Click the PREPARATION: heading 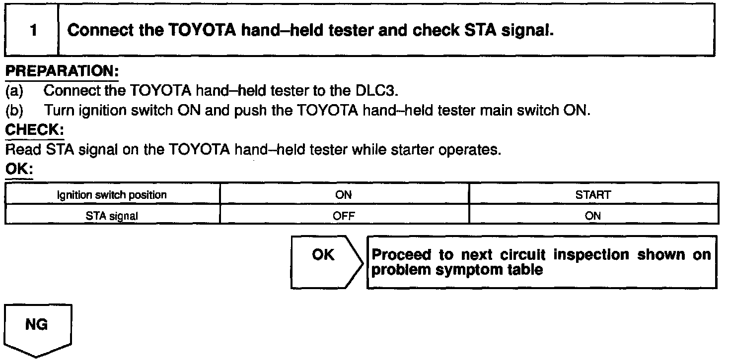[x=62, y=71]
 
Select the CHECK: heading [x=35, y=130]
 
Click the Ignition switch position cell [x=112, y=194]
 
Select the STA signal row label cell [x=112, y=216]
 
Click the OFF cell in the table [x=344, y=216]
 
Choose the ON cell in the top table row [x=344, y=194]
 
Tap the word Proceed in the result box [x=401, y=255]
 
